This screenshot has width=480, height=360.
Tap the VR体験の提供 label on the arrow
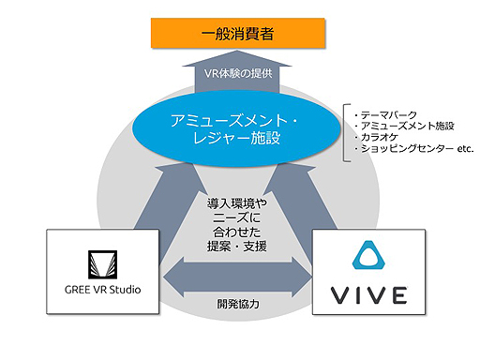pyautogui.click(x=239, y=74)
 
